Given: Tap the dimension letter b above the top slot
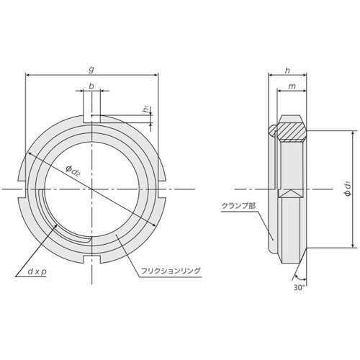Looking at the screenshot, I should pyautogui.click(x=91, y=86).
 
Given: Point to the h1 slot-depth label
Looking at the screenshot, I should pyautogui.click(x=146, y=110).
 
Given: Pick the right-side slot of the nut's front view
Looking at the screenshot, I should pyautogui.click(x=162, y=189).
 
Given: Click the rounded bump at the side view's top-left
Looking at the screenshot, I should pyautogui.click(x=272, y=130).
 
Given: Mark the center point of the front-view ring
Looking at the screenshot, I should pyautogui.click(x=92, y=189).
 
